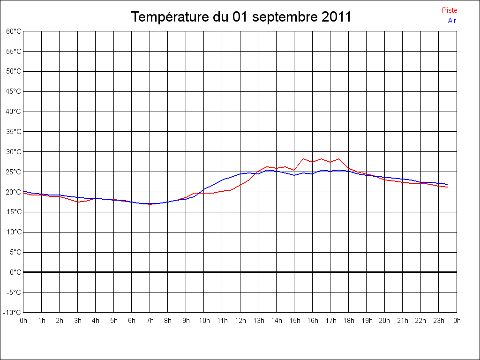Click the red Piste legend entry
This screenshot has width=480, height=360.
pyautogui.click(x=450, y=10)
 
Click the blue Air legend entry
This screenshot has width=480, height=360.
pyautogui.click(x=452, y=20)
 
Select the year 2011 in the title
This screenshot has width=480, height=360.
pyautogui.click(x=337, y=17)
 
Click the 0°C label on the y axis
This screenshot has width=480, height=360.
pyautogui.click(x=15, y=272)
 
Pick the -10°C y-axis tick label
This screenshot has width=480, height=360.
pyautogui.click(x=13, y=312)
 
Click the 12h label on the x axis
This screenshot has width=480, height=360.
pyautogui.click(x=240, y=321)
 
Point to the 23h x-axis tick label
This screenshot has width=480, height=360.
pyautogui.click(x=439, y=321)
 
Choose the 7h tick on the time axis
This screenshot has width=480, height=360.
pyautogui.click(x=150, y=321)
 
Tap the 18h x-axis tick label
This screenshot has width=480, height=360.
pyautogui.click(x=348, y=321)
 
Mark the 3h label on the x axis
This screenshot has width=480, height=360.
pyautogui.click(x=77, y=321)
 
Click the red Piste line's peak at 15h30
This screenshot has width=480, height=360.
pyautogui.click(x=303, y=158)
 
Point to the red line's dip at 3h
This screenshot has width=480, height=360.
pyautogui.click(x=78, y=202)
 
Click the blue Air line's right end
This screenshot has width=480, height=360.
pyautogui.click(x=448, y=184)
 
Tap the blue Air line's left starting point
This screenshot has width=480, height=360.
pyautogui.click(x=23, y=191)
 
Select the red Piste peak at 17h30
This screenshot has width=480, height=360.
pyautogui.click(x=339, y=158)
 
